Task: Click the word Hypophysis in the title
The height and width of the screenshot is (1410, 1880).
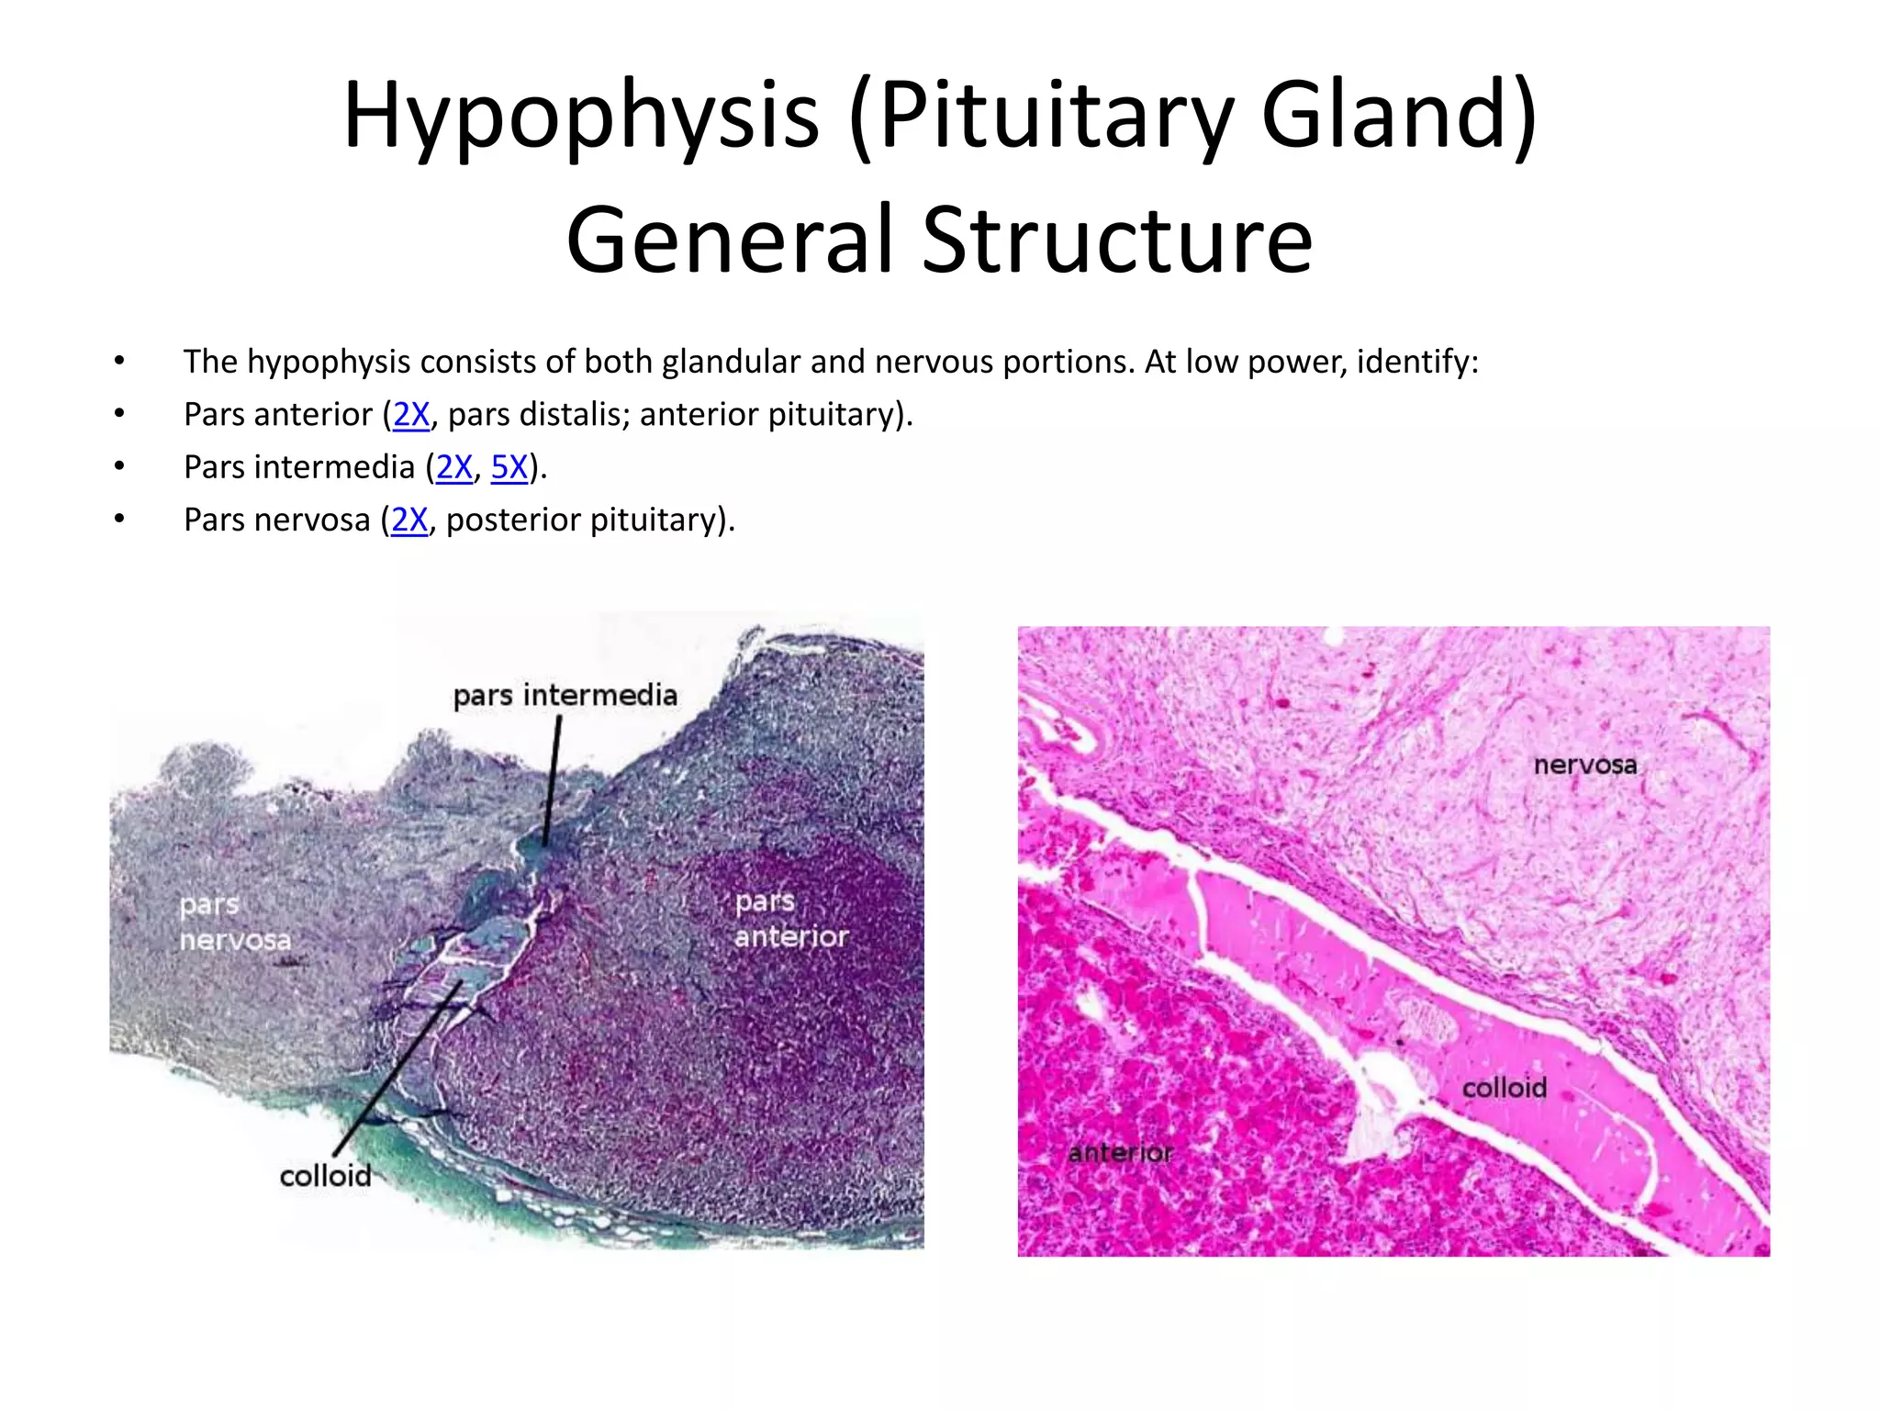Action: [580, 117]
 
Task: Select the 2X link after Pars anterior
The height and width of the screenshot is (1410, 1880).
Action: [411, 415]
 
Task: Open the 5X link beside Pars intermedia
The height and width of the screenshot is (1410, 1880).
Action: [509, 468]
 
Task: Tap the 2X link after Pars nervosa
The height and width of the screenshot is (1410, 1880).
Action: [409, 520]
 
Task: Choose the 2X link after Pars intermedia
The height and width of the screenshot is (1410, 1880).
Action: [454, 468]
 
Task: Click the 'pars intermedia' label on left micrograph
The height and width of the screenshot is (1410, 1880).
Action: [565, 696]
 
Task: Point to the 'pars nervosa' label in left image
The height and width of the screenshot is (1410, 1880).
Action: [235, 923]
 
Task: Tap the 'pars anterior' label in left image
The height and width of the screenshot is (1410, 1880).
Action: [791, 920]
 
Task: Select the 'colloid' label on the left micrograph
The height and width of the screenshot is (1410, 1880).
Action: [326, 1176]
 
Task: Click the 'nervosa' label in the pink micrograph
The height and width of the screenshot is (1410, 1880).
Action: [1585, 765]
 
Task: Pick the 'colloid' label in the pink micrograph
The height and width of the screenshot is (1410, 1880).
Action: [1504, 1088]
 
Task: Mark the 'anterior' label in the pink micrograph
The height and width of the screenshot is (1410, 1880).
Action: [1120, 1153]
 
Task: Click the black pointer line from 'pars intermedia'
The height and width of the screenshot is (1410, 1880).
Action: [552, 780]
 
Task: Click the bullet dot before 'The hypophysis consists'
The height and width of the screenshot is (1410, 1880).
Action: [119, 362]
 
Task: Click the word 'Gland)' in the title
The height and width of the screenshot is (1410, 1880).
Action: [1399, 117]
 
